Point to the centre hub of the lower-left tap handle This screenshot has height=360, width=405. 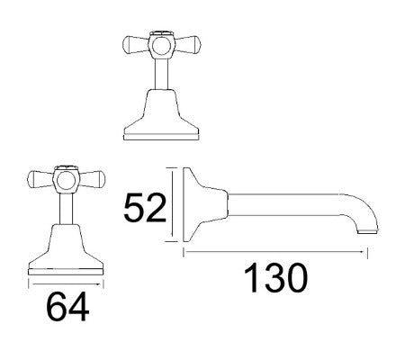point(66,179)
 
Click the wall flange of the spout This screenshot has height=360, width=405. point(188,204)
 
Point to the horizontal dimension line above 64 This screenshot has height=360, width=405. point(67,281)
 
